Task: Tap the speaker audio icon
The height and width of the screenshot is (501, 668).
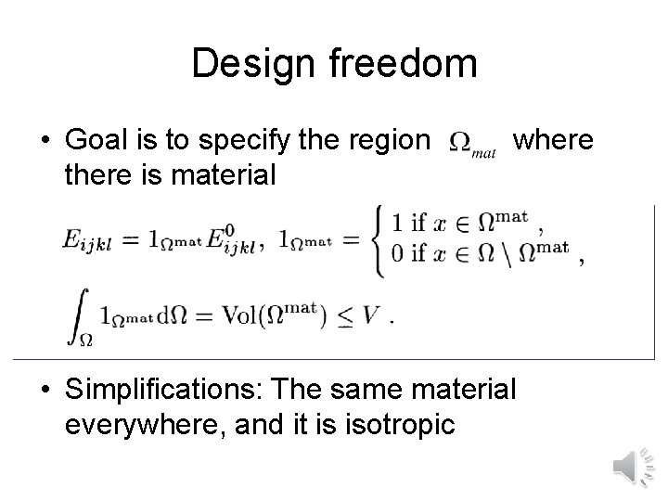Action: [x=634, y=465]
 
